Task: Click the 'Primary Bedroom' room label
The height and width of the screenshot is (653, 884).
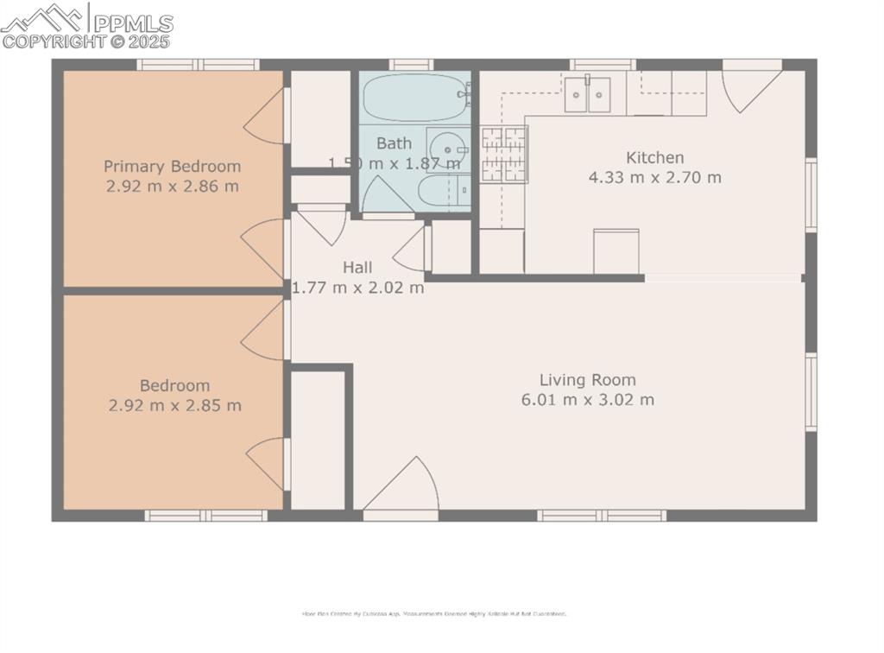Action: pos(173,166)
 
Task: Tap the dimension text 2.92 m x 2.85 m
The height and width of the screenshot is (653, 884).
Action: pos(175,405)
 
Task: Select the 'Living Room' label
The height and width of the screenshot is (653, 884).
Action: pos(587,379)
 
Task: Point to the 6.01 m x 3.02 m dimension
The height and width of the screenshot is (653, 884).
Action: pos(587,400)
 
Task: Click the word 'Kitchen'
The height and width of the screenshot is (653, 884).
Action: pos(654,157)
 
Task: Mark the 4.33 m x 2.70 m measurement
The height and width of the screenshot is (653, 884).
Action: pos(654,178)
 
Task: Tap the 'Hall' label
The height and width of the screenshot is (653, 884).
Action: pos(357,267)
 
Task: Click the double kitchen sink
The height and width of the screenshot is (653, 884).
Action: pos(588,94)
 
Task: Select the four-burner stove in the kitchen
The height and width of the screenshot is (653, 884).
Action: pos(503,154)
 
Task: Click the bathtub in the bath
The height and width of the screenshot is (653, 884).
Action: pos(414,98)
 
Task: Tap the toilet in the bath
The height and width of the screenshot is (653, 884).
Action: pos(444,190)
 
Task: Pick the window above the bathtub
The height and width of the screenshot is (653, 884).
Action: pos(410,64)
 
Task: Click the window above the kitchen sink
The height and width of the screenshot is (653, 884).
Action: pos(602,64)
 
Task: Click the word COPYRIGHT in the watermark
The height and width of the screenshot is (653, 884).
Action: pos(52,41)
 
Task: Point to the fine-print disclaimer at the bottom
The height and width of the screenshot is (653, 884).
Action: pos(433,614)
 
